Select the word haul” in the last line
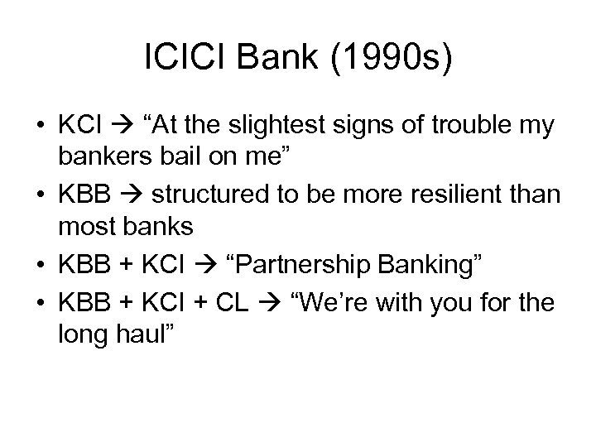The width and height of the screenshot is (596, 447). [145, 334]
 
